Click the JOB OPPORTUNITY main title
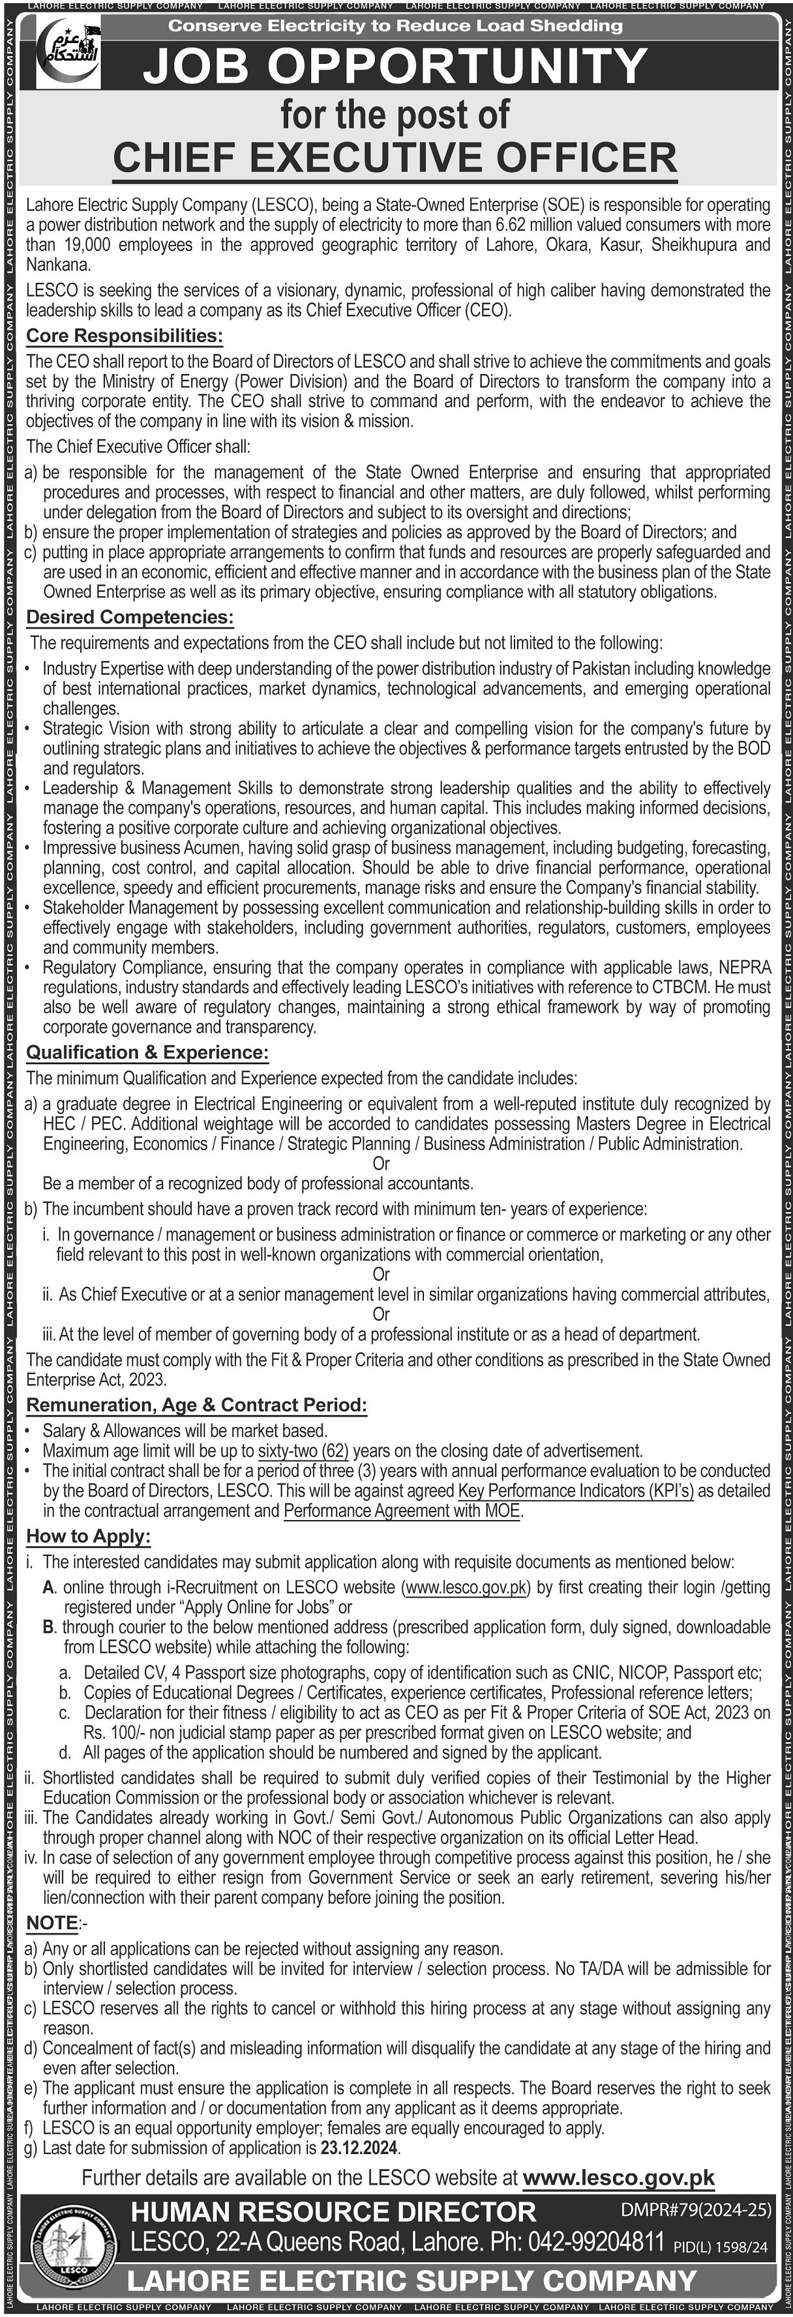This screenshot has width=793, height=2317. (x=395, y=66)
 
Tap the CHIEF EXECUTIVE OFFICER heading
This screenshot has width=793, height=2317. (x=395, y=158)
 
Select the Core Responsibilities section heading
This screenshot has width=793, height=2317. (x=124, y=336)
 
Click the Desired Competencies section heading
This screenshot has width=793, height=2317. (x=130, y=617)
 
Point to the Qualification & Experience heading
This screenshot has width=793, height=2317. (x=147, y=1052)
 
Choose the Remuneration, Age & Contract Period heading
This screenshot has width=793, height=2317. (x=196, y=1405)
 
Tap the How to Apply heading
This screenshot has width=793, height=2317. (x=88, y=1536)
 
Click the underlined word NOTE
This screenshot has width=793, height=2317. (x=52, y=1923)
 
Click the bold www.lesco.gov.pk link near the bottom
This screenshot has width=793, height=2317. (x=618, y=2178)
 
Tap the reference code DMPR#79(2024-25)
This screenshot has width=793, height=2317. (x=696, y=2209)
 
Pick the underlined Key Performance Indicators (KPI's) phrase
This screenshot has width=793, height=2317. (x=576, y=1490)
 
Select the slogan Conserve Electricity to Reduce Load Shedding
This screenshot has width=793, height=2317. (x=395, y=26)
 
